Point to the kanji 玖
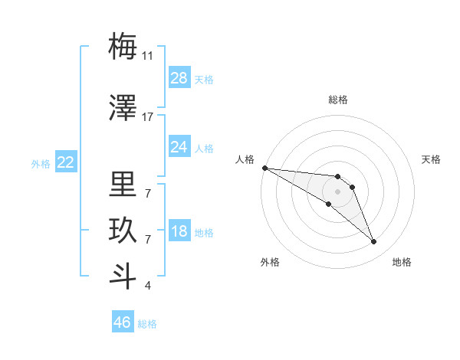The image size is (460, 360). [123, 231]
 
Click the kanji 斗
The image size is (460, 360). [123, 277]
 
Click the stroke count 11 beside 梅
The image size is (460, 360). [148, 56]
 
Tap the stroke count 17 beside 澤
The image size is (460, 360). [148, 117]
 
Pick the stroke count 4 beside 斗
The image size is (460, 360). [148, 286]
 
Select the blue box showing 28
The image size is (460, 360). [179, 78]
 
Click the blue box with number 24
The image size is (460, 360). [179, 147]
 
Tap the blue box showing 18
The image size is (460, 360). [179, 232]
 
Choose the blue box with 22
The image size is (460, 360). [65, 162]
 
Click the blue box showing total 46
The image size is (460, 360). [122, 322]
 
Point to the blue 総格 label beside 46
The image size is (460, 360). [147, 324]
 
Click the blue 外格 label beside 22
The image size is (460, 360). [41, 164]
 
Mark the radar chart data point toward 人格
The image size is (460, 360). [264, 168]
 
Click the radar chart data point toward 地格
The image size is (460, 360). [373, 242]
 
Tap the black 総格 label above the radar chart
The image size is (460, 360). [337, 100]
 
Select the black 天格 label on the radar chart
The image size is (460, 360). [432, 159]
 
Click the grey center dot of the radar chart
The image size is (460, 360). [337, 191]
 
